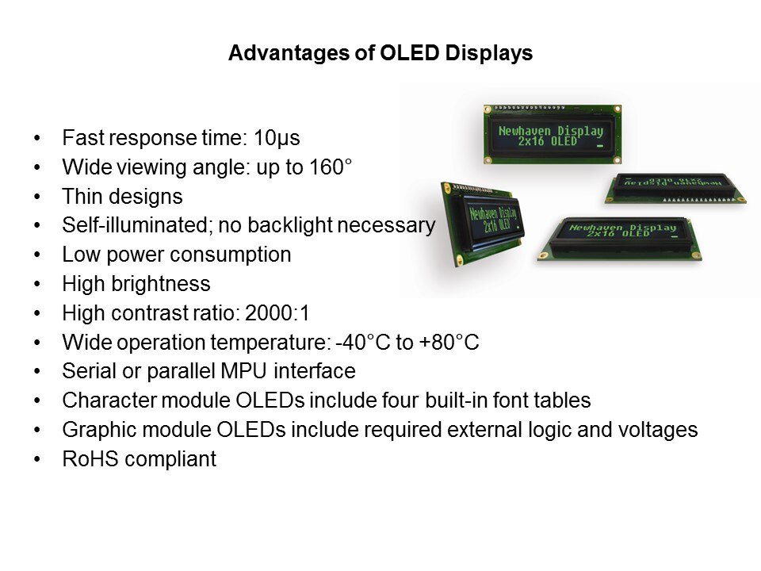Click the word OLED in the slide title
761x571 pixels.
410,52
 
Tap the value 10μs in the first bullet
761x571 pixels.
277,138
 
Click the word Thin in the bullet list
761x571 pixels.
81,196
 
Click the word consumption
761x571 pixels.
231,255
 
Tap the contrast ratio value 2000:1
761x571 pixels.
277,312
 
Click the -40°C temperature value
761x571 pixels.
363,342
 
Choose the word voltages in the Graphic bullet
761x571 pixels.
658,430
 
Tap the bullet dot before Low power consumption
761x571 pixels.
37,255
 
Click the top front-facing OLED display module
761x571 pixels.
553,135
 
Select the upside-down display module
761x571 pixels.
675,188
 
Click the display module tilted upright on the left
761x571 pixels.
483,224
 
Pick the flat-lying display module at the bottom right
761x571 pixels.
619,239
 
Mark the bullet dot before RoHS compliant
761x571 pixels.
37,459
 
